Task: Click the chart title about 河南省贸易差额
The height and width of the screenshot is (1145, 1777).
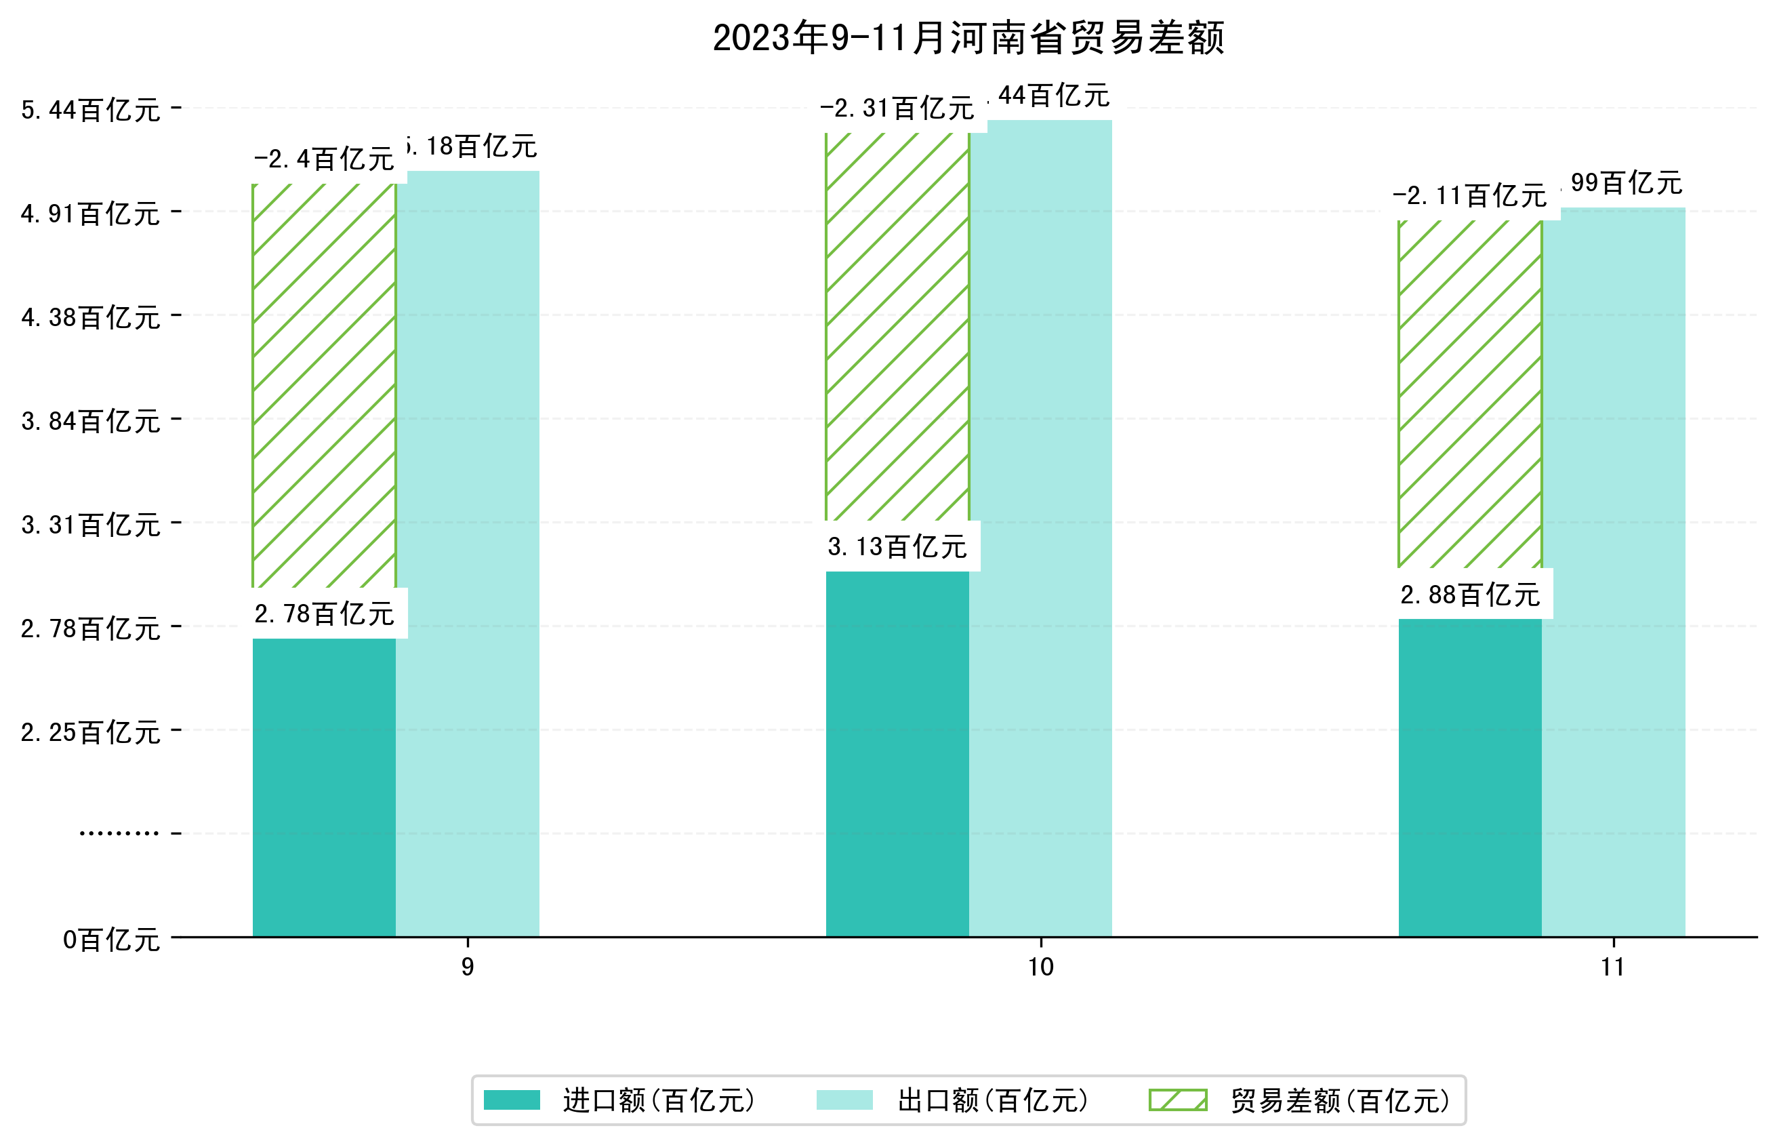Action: point(968,37)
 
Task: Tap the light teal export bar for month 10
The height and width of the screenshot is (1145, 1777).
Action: point(1040,528)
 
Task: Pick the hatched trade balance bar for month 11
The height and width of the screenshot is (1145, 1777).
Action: point(1469,394)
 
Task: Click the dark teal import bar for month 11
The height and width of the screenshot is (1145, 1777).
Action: point(1469,777)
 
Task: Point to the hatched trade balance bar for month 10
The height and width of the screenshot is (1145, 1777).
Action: point(897,327)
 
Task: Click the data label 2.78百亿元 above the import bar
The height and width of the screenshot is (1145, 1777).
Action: point(324,614)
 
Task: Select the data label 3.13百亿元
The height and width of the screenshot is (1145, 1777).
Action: point(897,547)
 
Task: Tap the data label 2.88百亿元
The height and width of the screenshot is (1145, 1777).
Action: point(1469,595)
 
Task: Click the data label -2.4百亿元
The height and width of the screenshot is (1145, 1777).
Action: point(324,159)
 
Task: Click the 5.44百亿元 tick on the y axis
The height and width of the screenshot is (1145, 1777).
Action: point(91,110)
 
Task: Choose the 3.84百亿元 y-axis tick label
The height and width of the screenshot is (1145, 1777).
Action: point(91,422)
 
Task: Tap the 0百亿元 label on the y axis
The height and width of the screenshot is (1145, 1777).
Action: point(111,940)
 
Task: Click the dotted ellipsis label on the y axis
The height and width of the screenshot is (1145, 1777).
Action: point(119,833)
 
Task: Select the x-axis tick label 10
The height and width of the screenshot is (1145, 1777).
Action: point(1040,967)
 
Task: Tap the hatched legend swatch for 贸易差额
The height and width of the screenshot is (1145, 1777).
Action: point(1177,1100)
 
